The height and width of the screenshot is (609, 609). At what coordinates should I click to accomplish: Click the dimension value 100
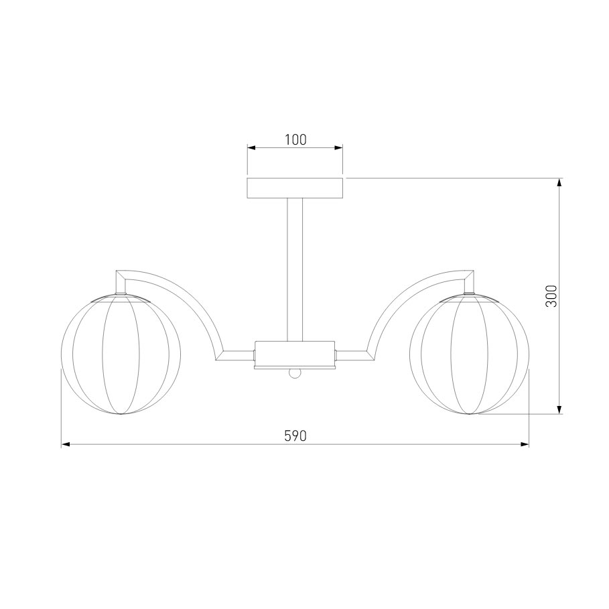coord(295,139)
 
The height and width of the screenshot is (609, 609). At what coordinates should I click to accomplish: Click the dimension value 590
coord(295,435)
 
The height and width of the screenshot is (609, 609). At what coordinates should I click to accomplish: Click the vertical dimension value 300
coord(551,296)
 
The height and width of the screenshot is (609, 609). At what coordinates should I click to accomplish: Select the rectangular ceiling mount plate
coord(295,188)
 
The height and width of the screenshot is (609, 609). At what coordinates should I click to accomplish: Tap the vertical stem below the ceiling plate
coord(295,269)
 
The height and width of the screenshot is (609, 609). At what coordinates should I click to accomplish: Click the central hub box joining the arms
coord(295,353)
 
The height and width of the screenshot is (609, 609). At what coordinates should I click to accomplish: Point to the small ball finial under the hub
coord(295,373)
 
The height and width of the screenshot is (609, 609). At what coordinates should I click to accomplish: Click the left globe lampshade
coord(121,354)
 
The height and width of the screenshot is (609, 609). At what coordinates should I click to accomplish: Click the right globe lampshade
coord(469,354)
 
